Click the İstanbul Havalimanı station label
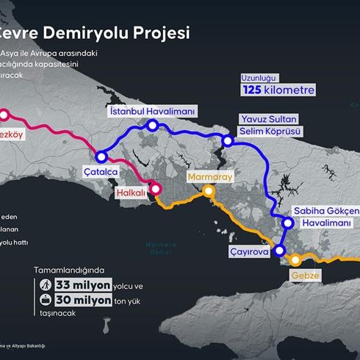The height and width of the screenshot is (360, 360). pyautogui.click(x=151, y=111)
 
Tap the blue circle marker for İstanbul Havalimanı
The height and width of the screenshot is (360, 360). pyautogui.click(x=152, y=126)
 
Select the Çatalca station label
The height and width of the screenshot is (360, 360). pyautogui.click(x=99, y=171)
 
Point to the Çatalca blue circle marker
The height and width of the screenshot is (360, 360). pyautogui.click(x=101, y=156)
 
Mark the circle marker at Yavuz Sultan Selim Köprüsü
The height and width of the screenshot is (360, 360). pyautogui.click(x=228, y=140)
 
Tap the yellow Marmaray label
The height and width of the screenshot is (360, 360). pyautogui.click(x=209, y=177)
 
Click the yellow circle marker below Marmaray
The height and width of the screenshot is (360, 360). pyautogui.click(x=209, y=191)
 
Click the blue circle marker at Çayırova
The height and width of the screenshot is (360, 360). pyautogui.click(x=279, y=251)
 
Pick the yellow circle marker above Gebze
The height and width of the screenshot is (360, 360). pyautogui.click(x=295, y=259)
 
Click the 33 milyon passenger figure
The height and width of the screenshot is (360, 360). pyautogui.click(x=83, y=284)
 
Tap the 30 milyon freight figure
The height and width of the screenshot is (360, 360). pyautogui.click(x=83, y=299)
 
